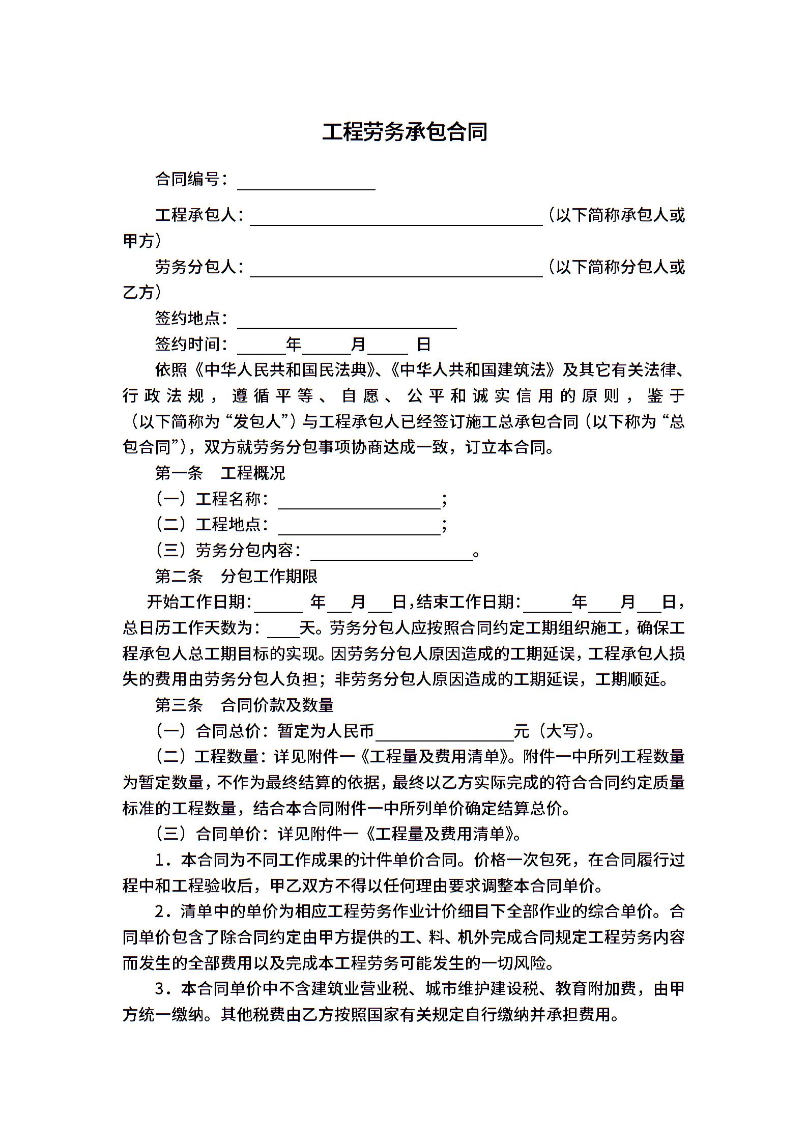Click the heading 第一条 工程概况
[x=220, y=473]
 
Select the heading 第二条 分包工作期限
[x=236, y=577]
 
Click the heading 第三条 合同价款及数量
[x=244, y=705]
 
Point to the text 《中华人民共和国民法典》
[x=285, y=370]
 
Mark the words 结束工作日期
[x=465, y=603]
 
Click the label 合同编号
[x=187, y=179]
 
